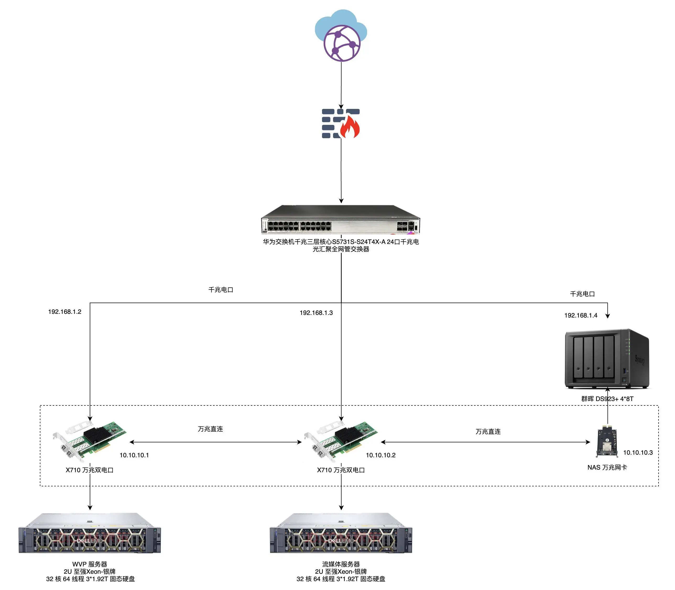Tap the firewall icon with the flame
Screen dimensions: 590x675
click(x=341, y=124)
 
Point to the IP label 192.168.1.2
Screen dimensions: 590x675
click(x=65, y=312)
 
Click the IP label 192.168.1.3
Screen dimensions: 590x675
click(x=316, y=313)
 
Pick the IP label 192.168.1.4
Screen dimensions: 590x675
click(x=581, y=315)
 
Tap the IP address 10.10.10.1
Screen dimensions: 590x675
click(x=134, y=455)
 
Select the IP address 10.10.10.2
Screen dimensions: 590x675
click(x=381, y=455)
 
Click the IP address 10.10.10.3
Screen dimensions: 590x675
click(x=638, y=452)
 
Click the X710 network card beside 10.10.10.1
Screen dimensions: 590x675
click(x=90, y=441)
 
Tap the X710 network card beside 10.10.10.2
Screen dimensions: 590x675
click(x=341, y=441)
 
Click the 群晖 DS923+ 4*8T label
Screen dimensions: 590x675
click(x=607, y=399)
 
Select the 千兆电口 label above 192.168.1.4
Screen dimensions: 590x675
click(x=583, y=294)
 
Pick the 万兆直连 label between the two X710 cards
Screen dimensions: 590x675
click(x=210, y=429)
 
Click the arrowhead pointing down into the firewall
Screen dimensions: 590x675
click(x=341, y=106)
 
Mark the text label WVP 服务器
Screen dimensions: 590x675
click(x=90, y=564)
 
